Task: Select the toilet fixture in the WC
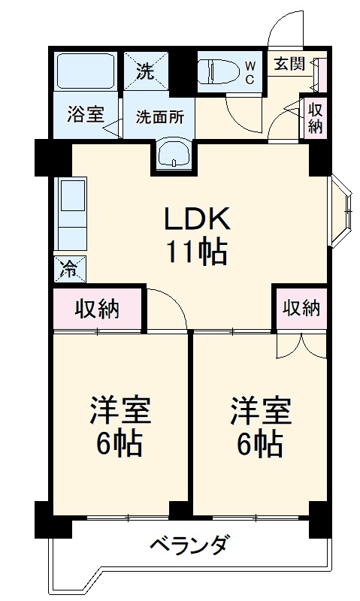tap(217, 71)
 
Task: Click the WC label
tap(250, 71)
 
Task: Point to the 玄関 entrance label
tap(289, 64)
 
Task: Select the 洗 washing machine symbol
tap(146, 71)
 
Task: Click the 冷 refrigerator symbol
tap(69, 268)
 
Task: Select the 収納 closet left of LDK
tap(97, 308)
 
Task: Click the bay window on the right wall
tap(340, 213)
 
